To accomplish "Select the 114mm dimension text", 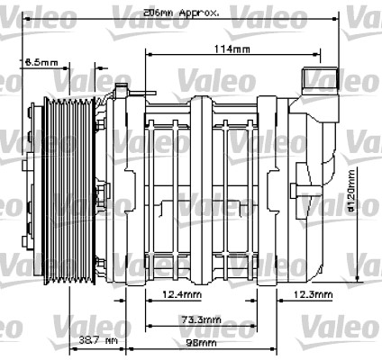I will (228, 48).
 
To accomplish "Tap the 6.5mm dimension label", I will (41, 62).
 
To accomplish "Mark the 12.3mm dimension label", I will (313, 295).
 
